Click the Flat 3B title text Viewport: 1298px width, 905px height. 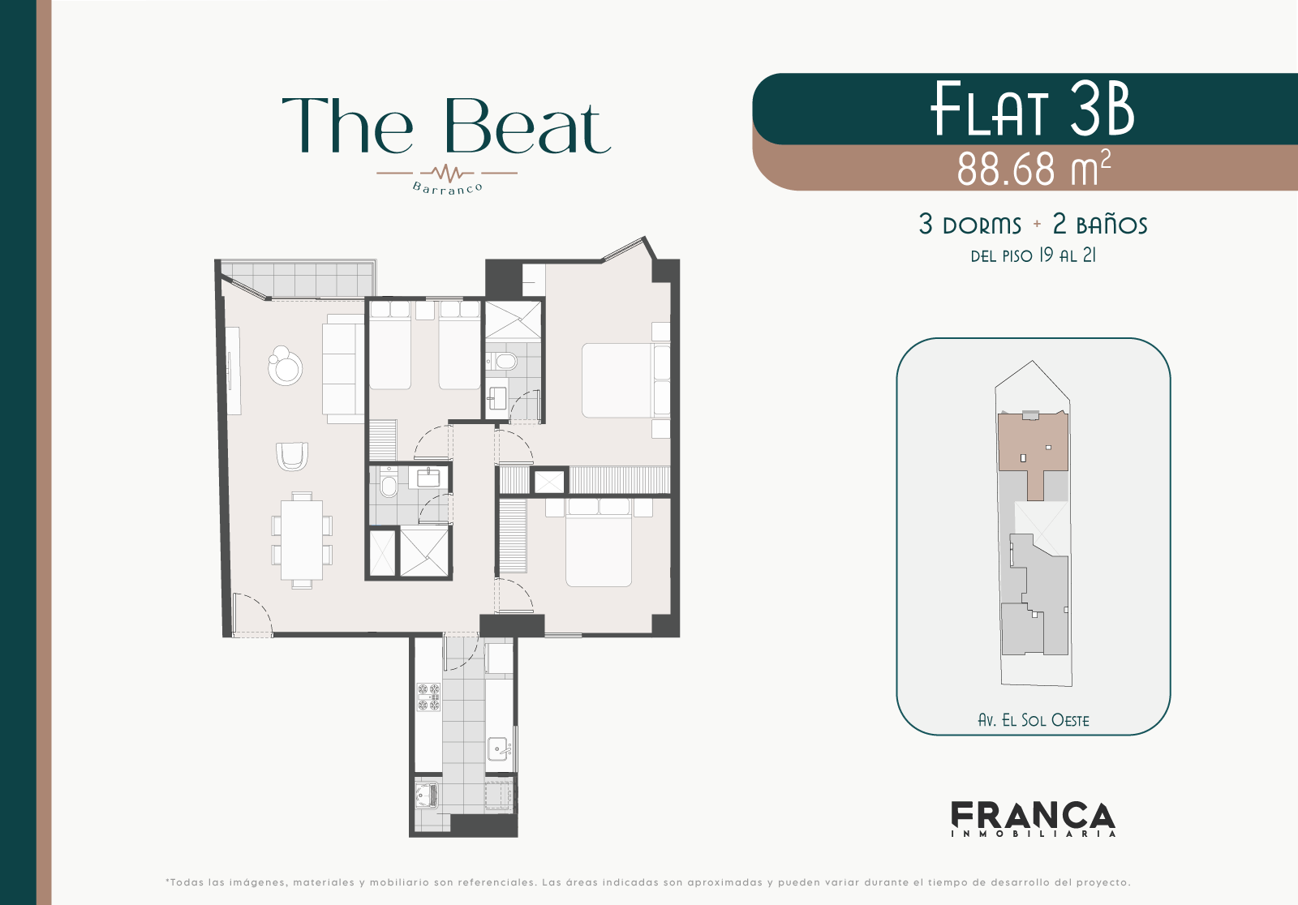1032,109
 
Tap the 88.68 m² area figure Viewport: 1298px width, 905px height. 1034,169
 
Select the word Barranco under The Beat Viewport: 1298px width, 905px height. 447,188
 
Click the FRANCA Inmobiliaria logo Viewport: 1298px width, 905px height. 1034,819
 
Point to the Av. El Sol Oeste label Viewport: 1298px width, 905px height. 1034,720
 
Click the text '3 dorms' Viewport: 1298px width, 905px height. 970,225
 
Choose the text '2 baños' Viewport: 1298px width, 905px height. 1100,224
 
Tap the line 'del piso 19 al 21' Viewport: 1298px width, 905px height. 1034,255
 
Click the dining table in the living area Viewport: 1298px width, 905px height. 302,540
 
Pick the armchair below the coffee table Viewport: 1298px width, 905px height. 292,457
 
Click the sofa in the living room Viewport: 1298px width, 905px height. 343,368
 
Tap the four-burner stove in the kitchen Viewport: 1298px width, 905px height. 428,697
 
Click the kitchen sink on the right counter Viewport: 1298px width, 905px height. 498,748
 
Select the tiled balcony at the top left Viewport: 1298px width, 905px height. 297,279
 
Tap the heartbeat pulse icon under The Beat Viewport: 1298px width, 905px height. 447,172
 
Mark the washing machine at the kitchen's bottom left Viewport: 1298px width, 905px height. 427,795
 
